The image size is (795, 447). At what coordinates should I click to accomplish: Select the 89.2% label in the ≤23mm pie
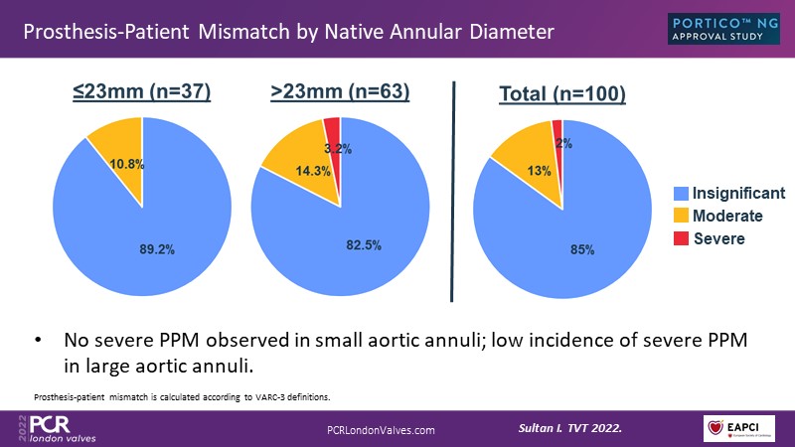(156, 249)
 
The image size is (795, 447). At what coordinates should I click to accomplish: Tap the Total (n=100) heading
(561, 95)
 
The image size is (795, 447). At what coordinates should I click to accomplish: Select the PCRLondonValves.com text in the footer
(382, 429)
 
